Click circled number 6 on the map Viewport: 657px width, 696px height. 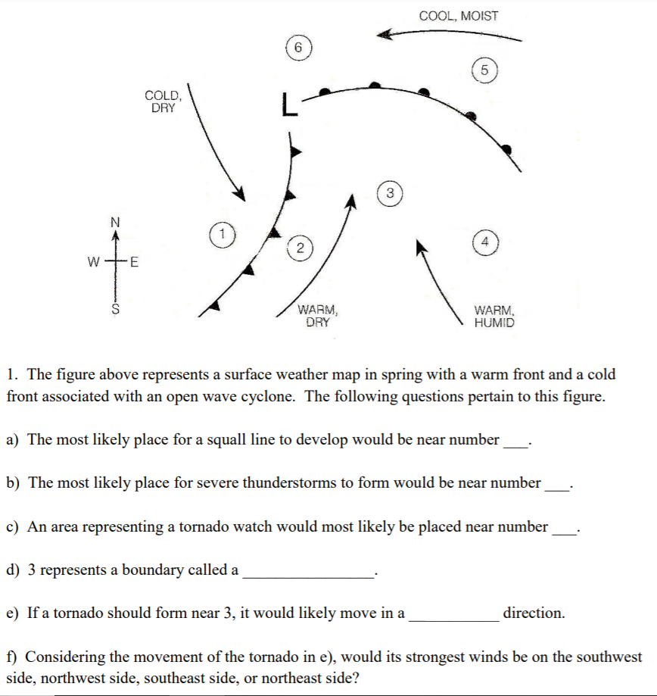(x=298, y=48)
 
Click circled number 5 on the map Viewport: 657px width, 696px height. (x=486, y=70)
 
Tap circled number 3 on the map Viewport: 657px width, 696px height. (x=390, y=192)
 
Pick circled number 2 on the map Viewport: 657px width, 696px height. (x=300, y=248)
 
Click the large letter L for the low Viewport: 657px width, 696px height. (x=285, y=105)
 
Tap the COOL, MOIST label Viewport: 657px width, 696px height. (x=459, y=15)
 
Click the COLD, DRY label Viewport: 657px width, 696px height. (x=163, y=101)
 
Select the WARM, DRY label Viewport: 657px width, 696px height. (x=317, y=315)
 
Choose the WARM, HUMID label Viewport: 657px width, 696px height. (x=494, y=316)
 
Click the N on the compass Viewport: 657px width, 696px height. (x=115, y=222)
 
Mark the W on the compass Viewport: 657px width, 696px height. (x=93, y=264)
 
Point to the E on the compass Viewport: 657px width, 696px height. (x=135, y=264)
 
